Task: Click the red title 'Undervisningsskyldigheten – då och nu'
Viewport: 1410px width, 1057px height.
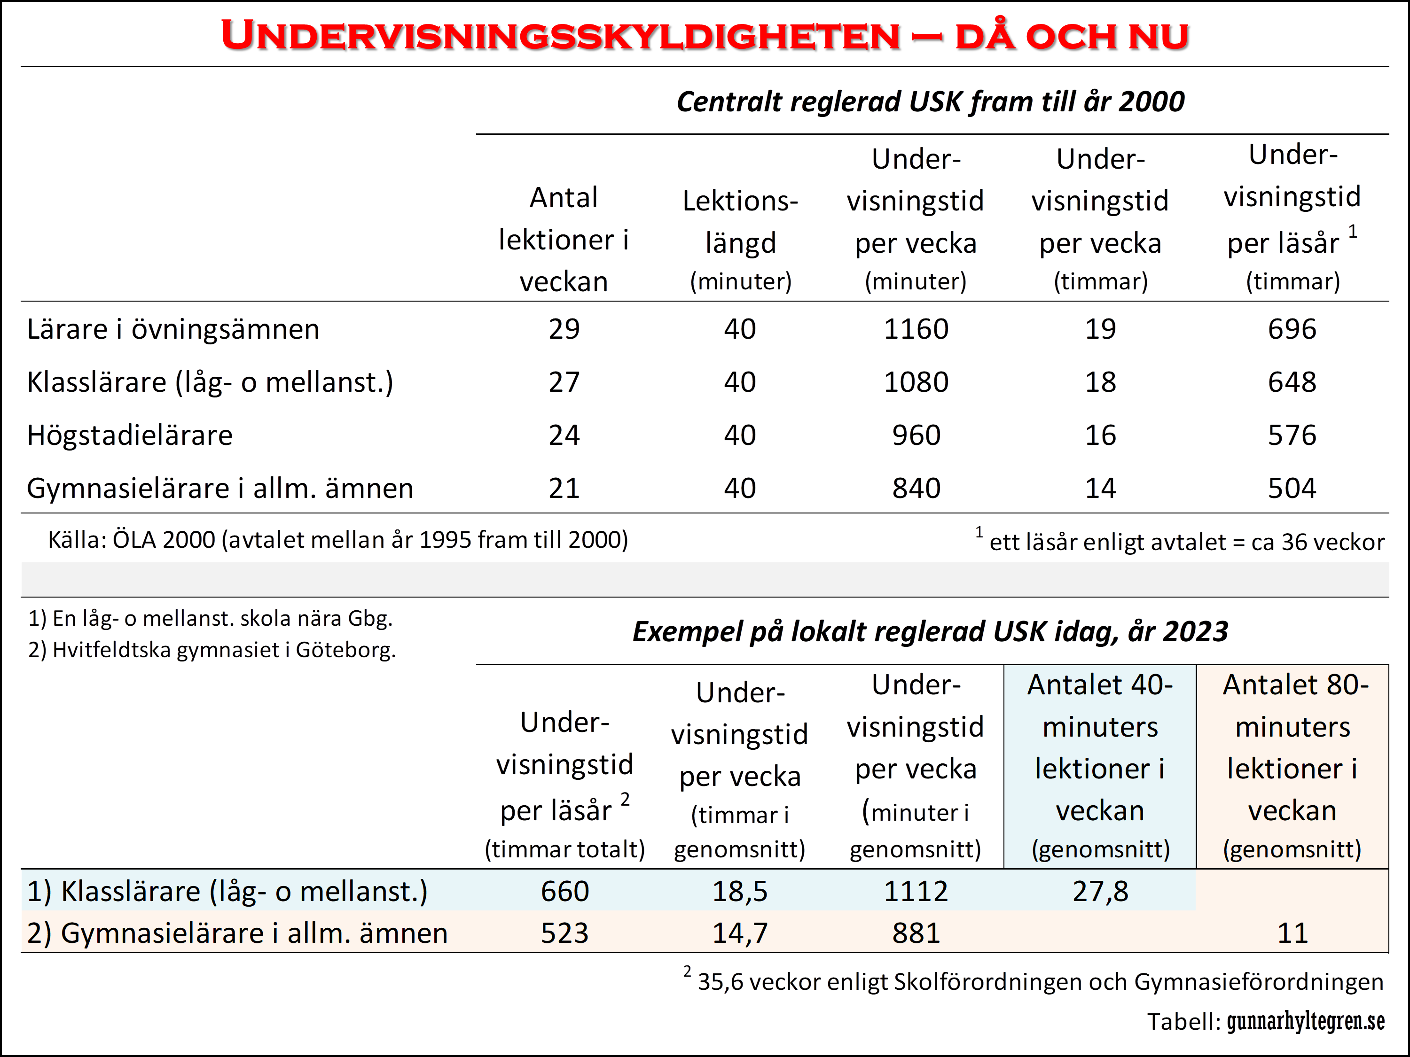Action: coord(705,36)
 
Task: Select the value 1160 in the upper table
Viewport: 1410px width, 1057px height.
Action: coord(916,329)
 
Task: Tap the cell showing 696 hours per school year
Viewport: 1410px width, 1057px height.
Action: coord(1292,329)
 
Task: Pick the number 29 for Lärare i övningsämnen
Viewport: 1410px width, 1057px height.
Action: coord(564,329)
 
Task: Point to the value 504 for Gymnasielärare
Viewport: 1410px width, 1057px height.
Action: coord(1292,489)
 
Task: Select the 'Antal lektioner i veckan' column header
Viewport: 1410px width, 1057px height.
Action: coord(564,240)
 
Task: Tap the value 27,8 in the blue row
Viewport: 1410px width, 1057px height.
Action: coord(1100,891)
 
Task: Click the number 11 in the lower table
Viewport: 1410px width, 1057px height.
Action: coord(1292,933)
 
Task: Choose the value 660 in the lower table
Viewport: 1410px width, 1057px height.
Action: coord(565,891)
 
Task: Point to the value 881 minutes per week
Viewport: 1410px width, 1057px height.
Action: coord(916,933)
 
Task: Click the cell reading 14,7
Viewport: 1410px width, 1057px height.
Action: coord(740,933)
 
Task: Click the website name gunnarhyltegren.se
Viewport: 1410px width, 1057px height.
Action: coord(1306,1022)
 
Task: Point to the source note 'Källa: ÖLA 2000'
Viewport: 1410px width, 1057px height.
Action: coord(338,540)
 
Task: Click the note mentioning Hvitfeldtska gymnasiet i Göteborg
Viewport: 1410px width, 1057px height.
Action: coord(211,650)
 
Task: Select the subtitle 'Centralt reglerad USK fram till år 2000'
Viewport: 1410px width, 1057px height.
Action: coord(930,102)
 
